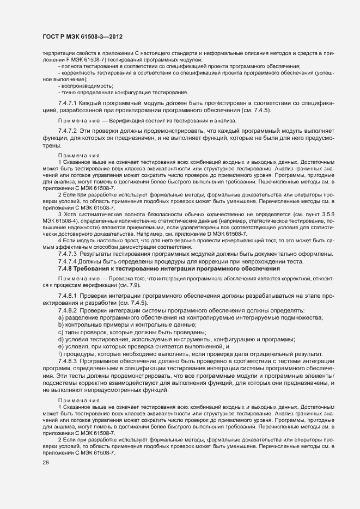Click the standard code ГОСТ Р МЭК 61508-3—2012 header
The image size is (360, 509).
pyautogui.click(x=82, y=36)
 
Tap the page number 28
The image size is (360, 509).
pyautogui.click(x=46, y=463)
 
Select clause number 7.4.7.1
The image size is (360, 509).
pyautogui.click(x=68, y=103)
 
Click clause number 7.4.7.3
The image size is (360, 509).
pyautogui.click(x=68, y=254)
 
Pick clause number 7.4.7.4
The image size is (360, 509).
pyautogui.click(x=68, y=261)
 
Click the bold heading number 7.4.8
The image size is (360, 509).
pyautogui.click(x=66, y=268)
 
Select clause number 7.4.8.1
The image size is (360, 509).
pyautogui.click(x=68, y=296)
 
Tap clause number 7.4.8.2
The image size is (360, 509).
pyautogui.click(x=68, y=310)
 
